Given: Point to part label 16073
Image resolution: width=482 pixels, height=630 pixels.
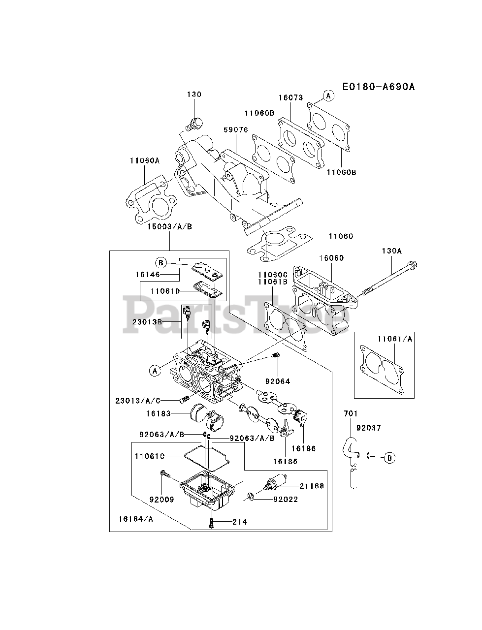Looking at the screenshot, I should tap(290, 98).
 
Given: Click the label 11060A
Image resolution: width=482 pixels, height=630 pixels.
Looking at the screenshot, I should tap(145, 160).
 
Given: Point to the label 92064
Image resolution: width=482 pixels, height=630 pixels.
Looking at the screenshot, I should tap(278, 381).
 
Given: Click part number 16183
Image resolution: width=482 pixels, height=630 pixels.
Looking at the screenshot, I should tap(158, 413).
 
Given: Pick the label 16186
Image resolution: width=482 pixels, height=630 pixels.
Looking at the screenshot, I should tap(303, 448).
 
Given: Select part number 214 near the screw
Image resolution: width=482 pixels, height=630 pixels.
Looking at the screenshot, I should tap(241, 522).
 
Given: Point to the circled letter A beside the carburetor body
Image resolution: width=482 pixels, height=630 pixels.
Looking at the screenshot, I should tap(155, 371).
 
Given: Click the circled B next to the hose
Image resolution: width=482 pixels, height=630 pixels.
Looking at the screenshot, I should tap(389, 458).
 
